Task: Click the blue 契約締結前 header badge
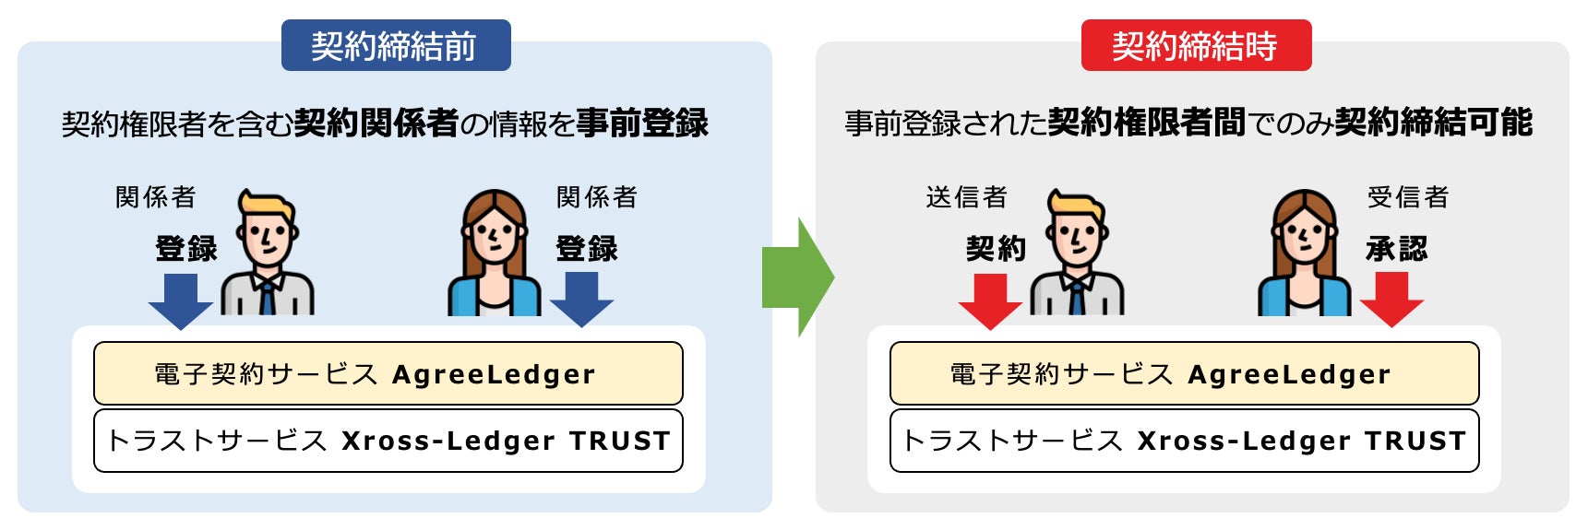[x=395, y=45]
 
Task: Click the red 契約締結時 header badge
[x=1195, y=45]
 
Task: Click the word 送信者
[x=966, y=197]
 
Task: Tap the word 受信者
[x=1408, y=197]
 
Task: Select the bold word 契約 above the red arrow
[x=996, y=249]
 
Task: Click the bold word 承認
[x=1396, y=249]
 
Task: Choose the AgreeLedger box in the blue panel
[x=388, y=373]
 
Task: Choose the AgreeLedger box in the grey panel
[x=1184, y=373]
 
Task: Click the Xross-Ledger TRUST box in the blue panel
[x=388, y=441]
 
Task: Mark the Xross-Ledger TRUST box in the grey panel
[x=1184, y=441]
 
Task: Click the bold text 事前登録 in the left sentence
[x=642, y=123]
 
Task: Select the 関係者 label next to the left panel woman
[x=597, y=197]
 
